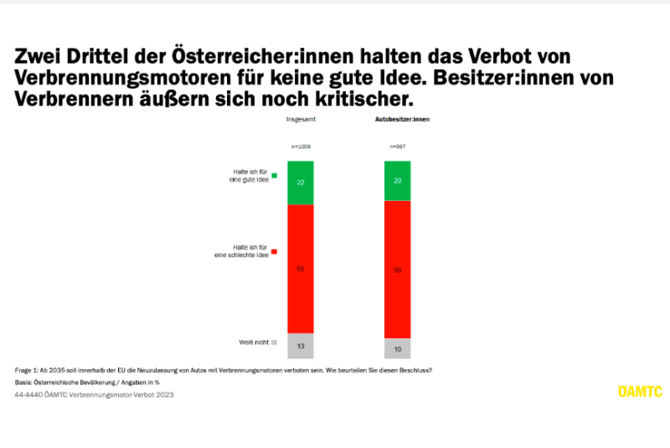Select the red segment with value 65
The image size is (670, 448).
pos(300,269)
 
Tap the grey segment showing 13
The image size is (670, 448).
pos(300,345)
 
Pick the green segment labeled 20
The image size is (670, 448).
pos(397,181)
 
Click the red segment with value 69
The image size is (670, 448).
pos(397,270)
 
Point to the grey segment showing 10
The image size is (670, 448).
pos(397,348)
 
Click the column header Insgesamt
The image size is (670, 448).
pos(301,121)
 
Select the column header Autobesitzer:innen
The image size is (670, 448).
pos(401,121)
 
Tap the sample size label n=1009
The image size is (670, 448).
pos(300,147)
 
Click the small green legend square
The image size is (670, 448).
pos(274,176)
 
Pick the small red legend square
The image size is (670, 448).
pos(274,250)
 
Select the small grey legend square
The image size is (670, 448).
pos(274,342)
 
